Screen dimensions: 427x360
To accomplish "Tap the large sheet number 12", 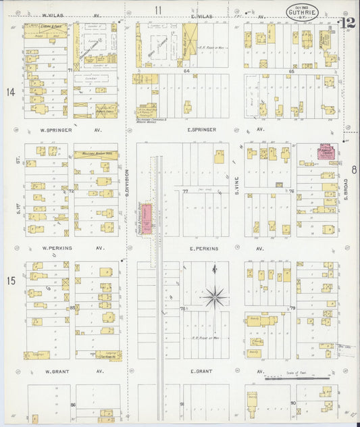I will [x=348, y=24].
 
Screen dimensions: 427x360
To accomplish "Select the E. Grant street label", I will [x=202, y=371].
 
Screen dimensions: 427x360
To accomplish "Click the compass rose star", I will [x=215, y=295].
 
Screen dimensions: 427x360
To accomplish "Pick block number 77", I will [x=184, y=191].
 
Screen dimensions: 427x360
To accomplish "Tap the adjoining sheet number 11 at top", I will [x=158, y=9].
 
